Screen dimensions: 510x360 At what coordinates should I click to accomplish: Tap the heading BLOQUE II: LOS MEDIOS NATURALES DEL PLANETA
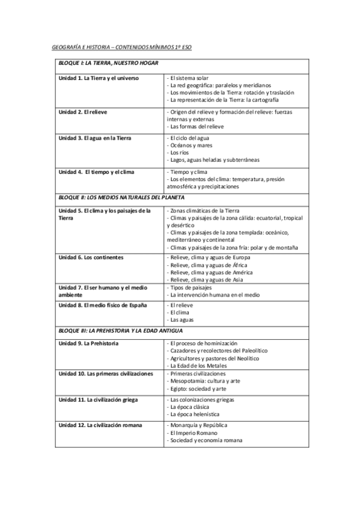pos(121,197)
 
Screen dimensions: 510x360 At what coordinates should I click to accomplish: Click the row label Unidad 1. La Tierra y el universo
pos(99,78)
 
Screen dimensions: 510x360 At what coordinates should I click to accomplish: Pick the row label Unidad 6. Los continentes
pos(91,257)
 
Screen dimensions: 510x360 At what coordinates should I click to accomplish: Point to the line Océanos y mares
pos(188,146)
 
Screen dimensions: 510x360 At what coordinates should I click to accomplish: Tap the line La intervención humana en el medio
pos(213,295)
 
